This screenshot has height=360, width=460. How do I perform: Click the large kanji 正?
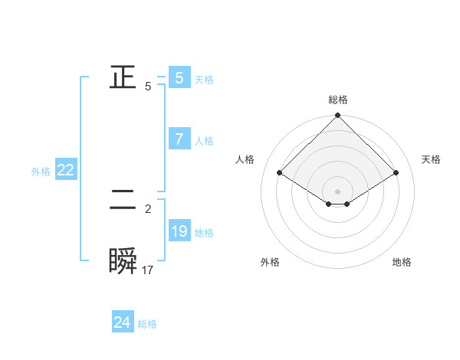(123, 77)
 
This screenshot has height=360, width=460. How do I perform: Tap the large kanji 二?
(123, 202)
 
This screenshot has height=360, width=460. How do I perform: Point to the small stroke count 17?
(148, 270)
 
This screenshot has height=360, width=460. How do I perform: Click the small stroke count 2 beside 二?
(148, 208)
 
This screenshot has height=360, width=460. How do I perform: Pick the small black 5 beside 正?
(148, 87)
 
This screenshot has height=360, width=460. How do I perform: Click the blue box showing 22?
(65, 171)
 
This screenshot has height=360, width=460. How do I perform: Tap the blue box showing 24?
(122, 322)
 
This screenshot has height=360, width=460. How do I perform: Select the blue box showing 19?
(179, 231)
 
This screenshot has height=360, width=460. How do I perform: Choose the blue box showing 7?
(179, 139)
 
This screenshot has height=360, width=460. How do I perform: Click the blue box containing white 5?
(179, 77)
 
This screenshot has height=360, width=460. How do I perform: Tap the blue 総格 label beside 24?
(147, 324)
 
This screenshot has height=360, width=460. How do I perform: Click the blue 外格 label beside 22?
(41, 172)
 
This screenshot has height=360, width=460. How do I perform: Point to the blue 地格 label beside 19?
(204, 233)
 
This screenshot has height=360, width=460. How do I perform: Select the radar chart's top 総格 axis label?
(338, 100)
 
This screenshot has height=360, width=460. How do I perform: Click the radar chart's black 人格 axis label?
(245, 159)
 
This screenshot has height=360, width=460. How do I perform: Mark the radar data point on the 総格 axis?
(338, 116)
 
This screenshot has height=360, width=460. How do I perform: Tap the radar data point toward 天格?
(396, 173)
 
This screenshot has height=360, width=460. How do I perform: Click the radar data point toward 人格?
(280, 173)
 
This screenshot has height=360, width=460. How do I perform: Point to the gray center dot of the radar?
(338, 191)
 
